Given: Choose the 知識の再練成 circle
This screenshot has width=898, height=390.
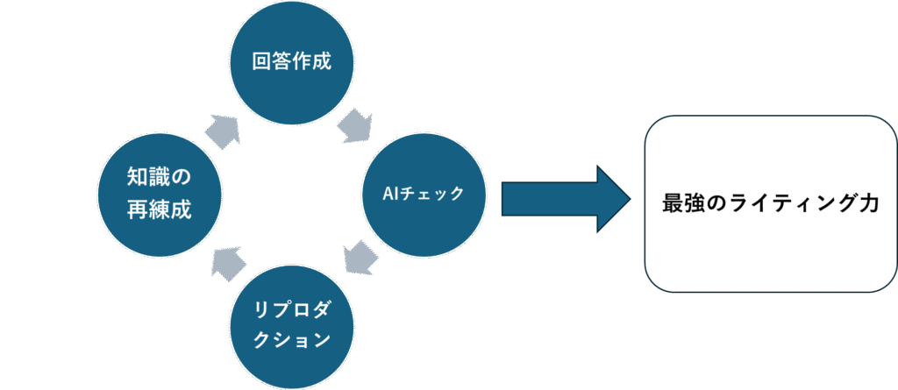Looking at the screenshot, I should (158, 194).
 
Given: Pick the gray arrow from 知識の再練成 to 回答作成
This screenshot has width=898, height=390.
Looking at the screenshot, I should (224, 130).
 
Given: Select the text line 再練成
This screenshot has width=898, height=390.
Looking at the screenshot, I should (158, 210).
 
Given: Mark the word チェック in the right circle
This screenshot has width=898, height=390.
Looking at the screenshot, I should (435, 194).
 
